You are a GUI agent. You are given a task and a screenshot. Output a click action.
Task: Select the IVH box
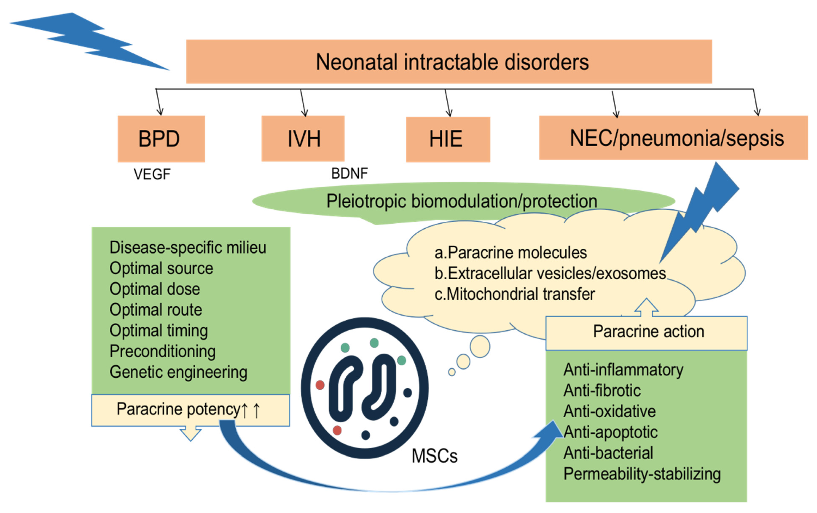303,139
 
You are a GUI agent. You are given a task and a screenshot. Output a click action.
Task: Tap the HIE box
448,139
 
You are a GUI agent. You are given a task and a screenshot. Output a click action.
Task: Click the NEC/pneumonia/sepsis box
673,138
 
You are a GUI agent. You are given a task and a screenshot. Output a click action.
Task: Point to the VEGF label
152,174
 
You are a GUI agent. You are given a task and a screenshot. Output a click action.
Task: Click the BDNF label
349,173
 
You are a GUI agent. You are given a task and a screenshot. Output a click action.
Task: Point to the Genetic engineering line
178,372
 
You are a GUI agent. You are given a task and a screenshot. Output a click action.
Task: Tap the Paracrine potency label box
190,409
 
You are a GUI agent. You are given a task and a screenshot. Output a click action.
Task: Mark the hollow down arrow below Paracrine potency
190,434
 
